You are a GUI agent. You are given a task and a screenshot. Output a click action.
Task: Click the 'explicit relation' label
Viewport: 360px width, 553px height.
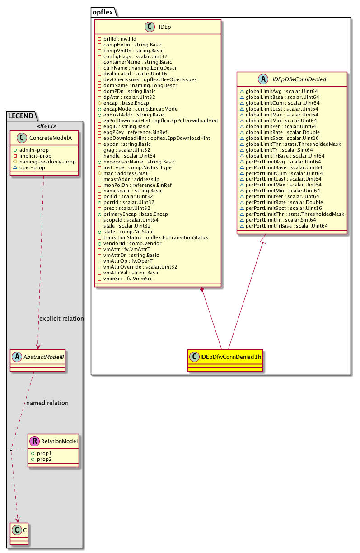[x=61, y=319]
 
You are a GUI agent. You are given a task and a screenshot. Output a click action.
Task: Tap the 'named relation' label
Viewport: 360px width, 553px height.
[x=47, y=403]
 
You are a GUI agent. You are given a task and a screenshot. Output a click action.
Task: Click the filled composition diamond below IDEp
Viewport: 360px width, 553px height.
[x=202, y=289]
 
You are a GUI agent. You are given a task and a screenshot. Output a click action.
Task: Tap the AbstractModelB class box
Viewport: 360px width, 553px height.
[x=38, y=361]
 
